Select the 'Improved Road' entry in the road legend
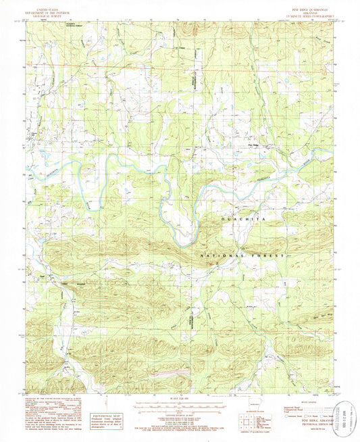pos(292,406)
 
